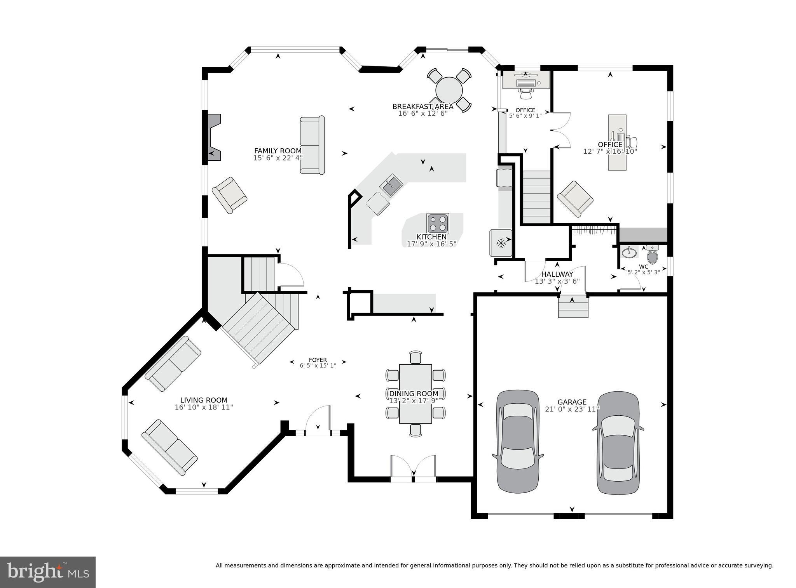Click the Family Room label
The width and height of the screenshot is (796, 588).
278,151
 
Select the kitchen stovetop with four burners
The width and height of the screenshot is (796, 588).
438,223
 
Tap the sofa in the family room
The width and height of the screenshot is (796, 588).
312,145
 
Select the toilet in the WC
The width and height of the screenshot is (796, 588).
652,256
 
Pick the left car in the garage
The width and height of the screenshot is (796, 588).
518,441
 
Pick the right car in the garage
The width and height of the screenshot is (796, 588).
618,442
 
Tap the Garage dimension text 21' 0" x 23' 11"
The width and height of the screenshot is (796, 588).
572,409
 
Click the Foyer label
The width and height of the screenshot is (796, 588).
318,360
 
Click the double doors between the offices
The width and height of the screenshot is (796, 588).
561,130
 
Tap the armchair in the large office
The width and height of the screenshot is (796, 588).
575,199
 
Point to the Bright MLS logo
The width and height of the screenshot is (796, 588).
48,572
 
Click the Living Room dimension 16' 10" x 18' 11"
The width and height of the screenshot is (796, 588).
204,408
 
